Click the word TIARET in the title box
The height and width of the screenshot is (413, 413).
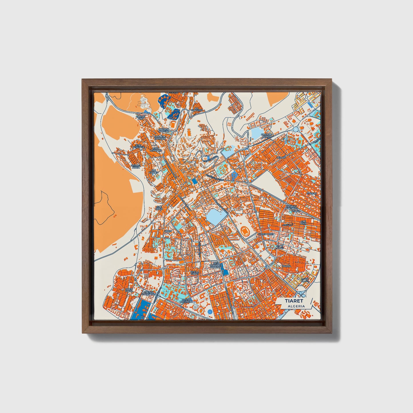point(294,301)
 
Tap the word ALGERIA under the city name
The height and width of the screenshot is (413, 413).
point(296,306)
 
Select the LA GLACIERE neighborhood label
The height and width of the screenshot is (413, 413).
point(197,109)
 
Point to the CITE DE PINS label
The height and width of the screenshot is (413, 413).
point(141,117)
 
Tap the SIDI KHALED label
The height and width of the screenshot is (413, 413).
point(153,171)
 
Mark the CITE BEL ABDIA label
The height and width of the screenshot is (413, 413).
point(135,166)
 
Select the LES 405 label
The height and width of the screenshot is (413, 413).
point(281,157)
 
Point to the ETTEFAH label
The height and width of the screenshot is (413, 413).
point(312,193)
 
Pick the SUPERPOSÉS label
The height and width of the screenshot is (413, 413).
point(266,234)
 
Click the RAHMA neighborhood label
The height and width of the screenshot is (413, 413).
point(286,266)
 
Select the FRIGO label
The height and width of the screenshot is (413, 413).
point(168,231)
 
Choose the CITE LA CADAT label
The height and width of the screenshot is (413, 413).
point(195,273)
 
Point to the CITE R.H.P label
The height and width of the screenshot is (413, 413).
point(303,222)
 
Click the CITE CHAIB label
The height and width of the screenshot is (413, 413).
point(159,208)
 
